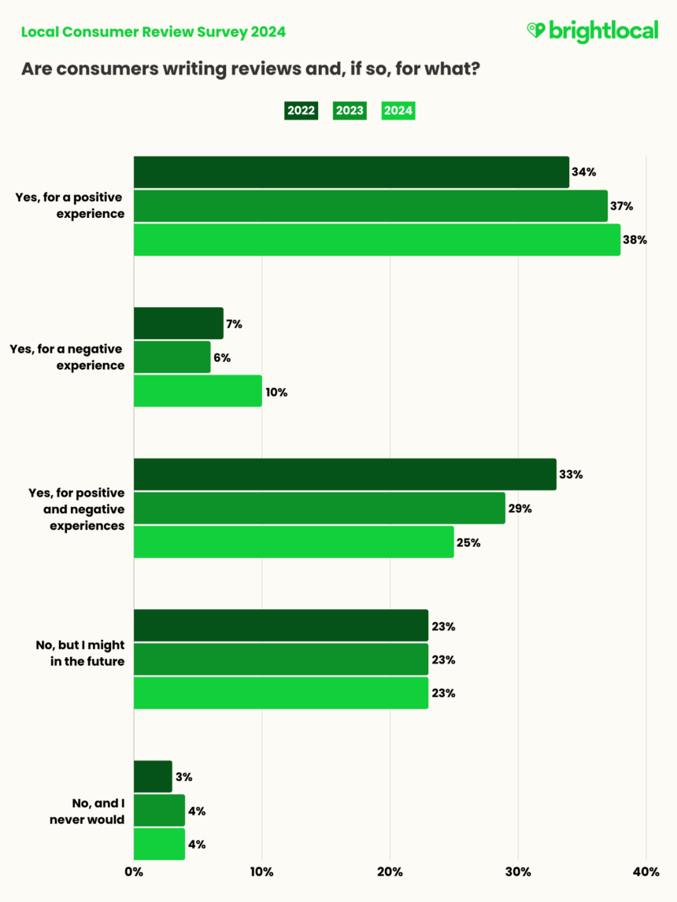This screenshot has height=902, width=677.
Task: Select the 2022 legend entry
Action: tap(301, 110)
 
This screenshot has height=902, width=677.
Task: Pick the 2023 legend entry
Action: tap(350, 110)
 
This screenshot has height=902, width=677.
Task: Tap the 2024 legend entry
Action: tap(398, 110)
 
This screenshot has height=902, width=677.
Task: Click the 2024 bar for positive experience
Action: tap(376, 240)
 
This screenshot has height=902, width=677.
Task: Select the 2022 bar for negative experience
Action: tap(179, 323)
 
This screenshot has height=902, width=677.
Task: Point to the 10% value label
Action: tap(276, 392)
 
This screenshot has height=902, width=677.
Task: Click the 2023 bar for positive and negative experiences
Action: tap(319, 508)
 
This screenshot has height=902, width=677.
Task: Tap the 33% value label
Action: tap(571, 475)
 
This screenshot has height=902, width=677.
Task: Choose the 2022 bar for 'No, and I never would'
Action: tap(153, 777)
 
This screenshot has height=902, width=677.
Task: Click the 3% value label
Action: tap(185, 778)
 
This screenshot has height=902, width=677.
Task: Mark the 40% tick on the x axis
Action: tap(646, 871)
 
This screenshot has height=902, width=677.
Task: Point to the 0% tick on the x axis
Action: tap(134, 871)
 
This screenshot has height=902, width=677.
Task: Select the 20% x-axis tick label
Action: tap(390, 871)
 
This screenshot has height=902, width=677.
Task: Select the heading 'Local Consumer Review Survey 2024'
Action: tap(154, 32)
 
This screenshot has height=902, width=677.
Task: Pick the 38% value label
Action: tap(634, 240)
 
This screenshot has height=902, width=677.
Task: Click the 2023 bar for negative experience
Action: tap(172, 357)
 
